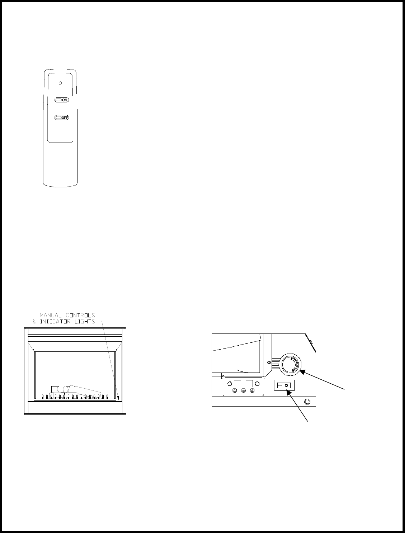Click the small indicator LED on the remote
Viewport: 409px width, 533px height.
pyautogui.click(x=60, y=83)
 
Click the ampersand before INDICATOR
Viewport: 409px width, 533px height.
pyautogui.click(x=35, y=321)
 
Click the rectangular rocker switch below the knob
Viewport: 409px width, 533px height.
pyautogui.click(x=284, y=385)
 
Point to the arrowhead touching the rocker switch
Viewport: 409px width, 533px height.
pyautogui.click(x=288, y=393)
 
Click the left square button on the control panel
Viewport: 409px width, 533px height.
pyautogui.click(x=237, y=382)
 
